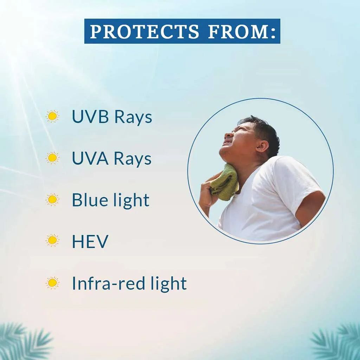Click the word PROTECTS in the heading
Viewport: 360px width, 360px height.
point(144,31)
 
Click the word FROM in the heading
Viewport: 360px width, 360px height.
point(238,31)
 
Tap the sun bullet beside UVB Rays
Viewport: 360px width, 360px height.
point(52,116)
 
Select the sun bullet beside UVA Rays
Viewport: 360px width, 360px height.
point(52,158)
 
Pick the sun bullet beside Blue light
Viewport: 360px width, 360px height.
point(52,199)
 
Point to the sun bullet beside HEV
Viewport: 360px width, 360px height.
point(52,240)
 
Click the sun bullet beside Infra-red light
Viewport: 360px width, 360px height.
point(52,282)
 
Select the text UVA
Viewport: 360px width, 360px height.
point(90,158)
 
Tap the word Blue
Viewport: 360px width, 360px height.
point(89,200)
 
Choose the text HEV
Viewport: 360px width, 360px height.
point(90,241)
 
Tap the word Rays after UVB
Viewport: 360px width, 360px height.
point(133,117)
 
